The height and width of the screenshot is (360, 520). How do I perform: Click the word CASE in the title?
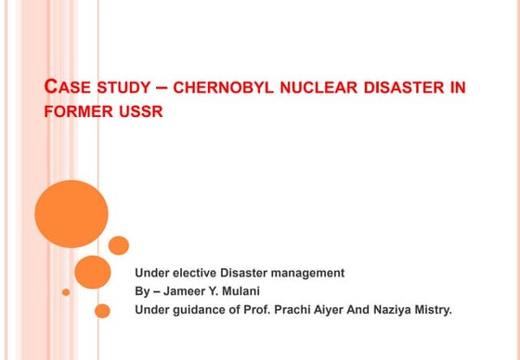(68, 89)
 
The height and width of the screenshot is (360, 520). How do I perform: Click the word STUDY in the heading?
(123, 90)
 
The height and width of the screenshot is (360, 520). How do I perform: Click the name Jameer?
(190, 290)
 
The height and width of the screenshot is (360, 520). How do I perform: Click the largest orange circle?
(71, 212)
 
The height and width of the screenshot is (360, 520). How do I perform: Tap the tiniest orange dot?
(66, 292)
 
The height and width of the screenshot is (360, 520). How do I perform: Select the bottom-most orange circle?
(102, 311)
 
